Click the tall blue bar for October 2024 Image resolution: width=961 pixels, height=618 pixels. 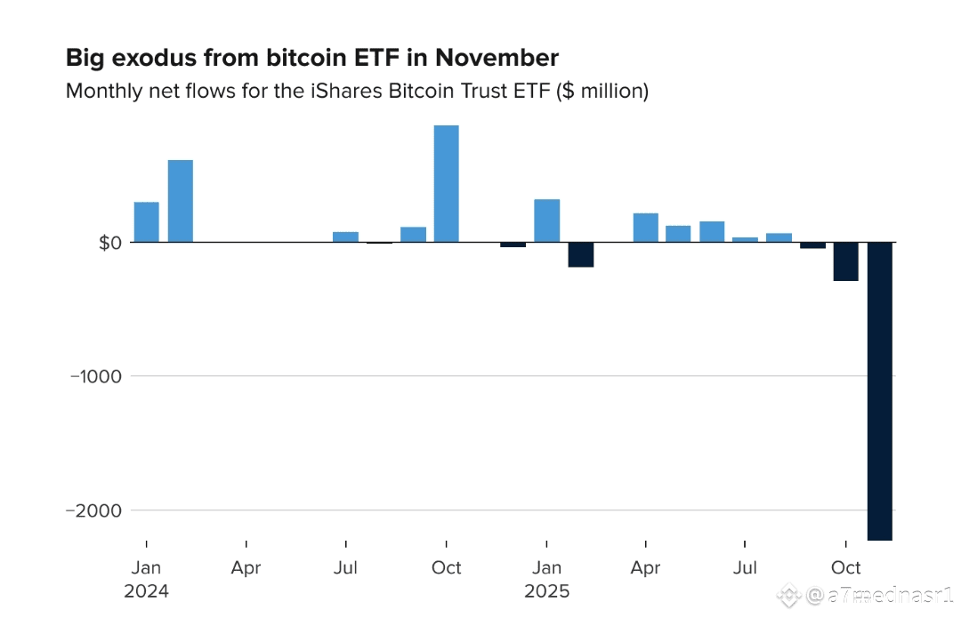tap(446, 183)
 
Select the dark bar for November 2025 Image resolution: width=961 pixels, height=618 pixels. tap(879, 390)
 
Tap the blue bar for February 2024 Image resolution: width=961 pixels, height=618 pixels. tap(180, 201)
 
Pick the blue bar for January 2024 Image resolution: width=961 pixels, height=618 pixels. tap(147, 222)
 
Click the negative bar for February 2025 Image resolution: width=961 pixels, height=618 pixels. tap(580, 254)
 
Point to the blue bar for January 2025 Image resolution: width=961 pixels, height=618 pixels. tap(546, 221)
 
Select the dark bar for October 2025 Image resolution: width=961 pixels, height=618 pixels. tap(845, 261)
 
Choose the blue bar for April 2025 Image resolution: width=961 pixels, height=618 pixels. tap(646, 228)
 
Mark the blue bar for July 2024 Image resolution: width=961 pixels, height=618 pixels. tap(345, 237)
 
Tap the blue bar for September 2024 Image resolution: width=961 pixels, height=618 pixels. tap(413, 234)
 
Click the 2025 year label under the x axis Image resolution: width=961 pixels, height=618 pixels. tap(546, 590)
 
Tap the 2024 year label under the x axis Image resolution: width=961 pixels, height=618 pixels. tap(147, 590)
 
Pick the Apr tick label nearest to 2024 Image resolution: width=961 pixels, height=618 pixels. tap(246, 567)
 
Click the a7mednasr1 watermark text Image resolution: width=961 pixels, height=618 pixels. tap(881, 594)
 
